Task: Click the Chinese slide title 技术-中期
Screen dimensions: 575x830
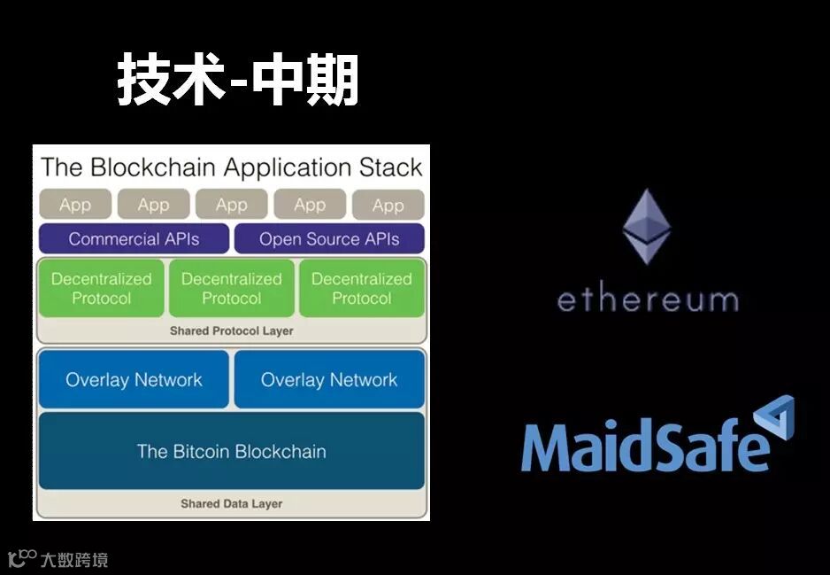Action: [x=238, y=82]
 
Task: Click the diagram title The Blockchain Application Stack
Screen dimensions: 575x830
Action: [x=232, y=167]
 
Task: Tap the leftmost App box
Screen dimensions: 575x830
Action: [x=75, y=205]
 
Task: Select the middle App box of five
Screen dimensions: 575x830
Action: [x=232, y=205]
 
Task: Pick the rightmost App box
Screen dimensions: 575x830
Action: [x=388, y=205]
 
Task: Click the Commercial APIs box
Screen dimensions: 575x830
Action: [x=134, y=238]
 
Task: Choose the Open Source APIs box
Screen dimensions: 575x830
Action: [x=329, y=238]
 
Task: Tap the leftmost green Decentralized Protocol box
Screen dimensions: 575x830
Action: [x=101, y=288]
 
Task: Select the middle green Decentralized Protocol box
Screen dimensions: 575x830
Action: [x=231, y=288]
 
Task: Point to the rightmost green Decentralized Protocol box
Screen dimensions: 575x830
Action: [x=361, y=288]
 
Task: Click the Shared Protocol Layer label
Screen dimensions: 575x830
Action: [x=231, y=331]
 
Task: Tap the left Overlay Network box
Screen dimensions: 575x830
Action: [x=134, y=379]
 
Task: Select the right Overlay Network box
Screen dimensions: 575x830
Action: [x=329, y=379]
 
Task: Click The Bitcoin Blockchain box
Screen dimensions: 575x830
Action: [x=231, y=451]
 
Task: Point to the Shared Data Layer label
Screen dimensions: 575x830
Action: [x=231, y=503]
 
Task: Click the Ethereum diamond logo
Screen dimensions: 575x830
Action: [x=647, y=226]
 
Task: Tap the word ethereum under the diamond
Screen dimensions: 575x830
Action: [x=647, y=299]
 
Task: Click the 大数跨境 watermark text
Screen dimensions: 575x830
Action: [x=74, y=560]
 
